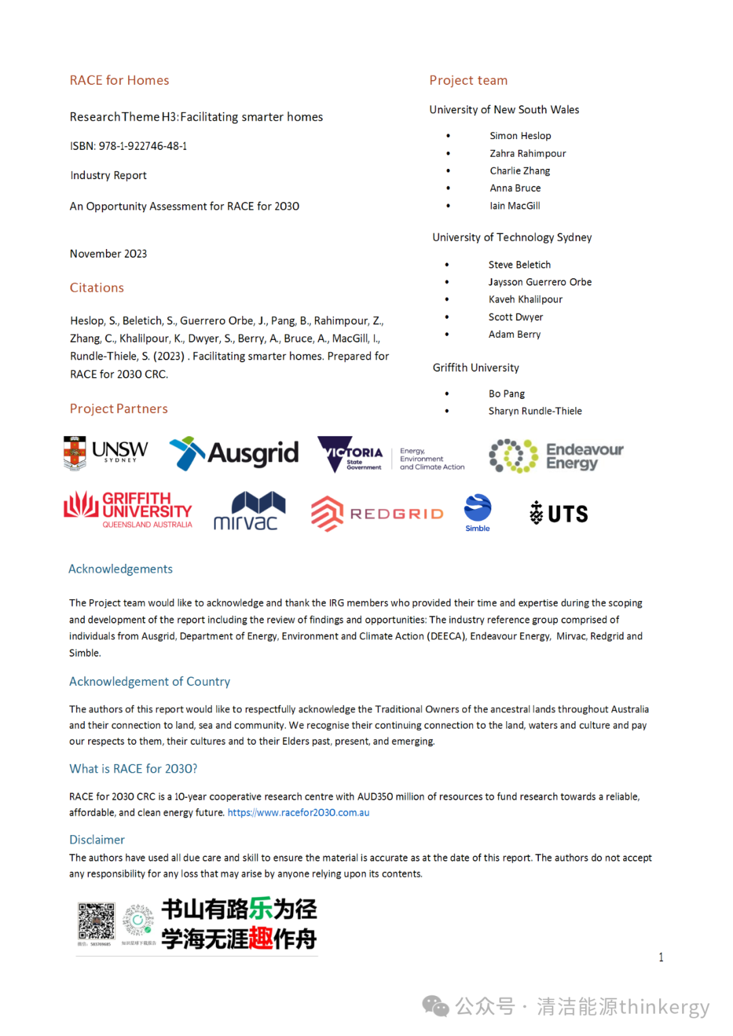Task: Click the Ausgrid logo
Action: point(234,453)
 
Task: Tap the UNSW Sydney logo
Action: point(106,453)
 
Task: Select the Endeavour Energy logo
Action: point(557,456)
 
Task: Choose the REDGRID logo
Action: point(377,514)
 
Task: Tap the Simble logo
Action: point(478,512)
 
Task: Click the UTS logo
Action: point(559,513)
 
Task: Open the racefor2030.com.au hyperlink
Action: point(299,813)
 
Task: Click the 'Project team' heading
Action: point(468,80)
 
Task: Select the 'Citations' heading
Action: point(97,288)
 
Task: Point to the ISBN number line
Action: point(128,146)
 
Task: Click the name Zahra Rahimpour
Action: point(527,153)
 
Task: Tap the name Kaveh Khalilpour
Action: point(525,299)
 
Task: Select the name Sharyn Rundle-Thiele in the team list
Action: point(535,411)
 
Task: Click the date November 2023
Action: point(109,254)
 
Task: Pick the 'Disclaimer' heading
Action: point(97,840)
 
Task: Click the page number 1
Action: point(661,957)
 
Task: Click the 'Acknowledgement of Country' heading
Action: point(149,681)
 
